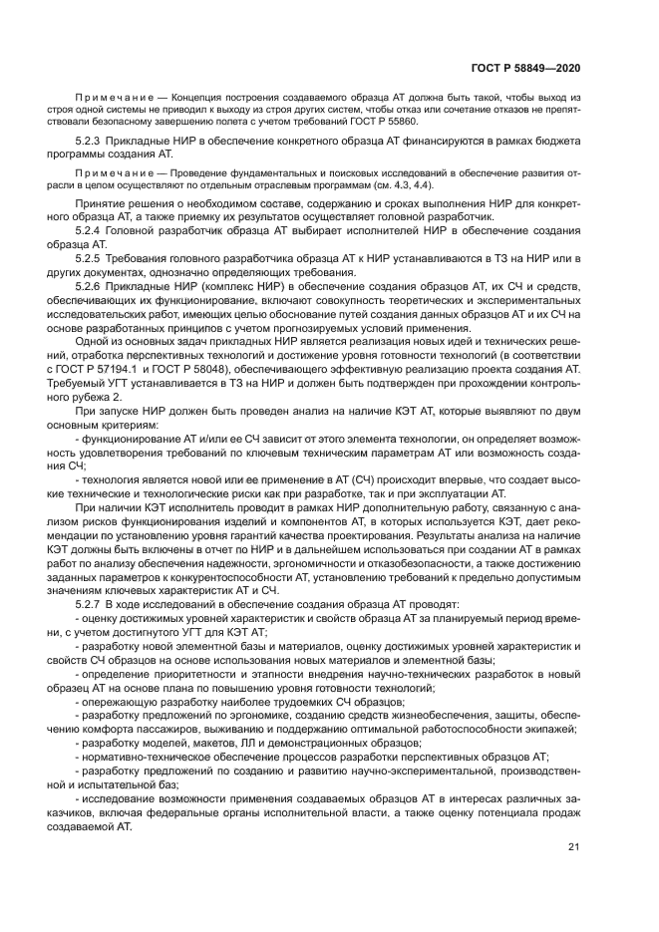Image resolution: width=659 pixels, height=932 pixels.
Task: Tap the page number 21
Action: [573, 847]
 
